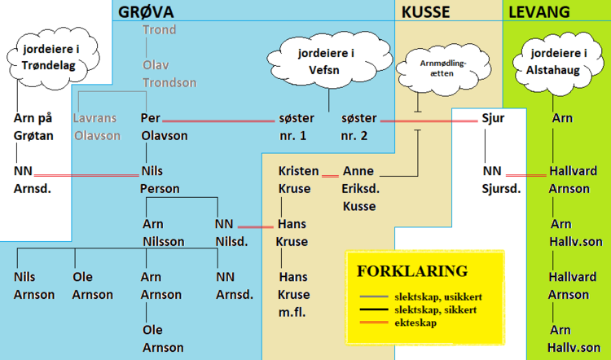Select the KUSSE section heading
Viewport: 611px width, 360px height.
pos(425,11)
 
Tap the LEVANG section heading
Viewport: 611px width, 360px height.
pos(538,11)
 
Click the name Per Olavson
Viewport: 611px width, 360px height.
pos(165,126)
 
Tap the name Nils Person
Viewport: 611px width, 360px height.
pos(160,180)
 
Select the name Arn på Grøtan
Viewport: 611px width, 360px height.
pos(33,126)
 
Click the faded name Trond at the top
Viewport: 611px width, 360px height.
pos(159,30)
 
